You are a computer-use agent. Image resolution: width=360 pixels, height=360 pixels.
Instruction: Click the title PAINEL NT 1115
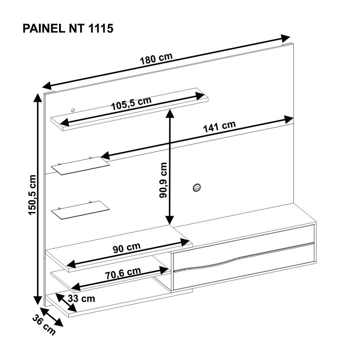[x=68, y=29]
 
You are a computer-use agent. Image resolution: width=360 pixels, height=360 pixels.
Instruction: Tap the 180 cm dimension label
[x=156, y=59]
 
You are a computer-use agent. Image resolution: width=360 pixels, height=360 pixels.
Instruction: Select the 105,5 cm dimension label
[x=131, y=103]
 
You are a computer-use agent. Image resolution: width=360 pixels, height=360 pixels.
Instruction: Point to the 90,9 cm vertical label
[x=163, y=180]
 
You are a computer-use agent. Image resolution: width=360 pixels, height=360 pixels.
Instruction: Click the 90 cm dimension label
[x=127, y=248]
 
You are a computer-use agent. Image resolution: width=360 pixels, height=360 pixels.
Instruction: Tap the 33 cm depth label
[x=82, y=299]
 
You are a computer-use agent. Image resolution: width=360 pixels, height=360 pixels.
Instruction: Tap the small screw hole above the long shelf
[x=73, y=110]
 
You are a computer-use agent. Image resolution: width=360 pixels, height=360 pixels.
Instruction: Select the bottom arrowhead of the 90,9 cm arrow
[x=170, y=219]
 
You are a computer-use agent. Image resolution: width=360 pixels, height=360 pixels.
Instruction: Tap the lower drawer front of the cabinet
[x=244, y=266]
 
